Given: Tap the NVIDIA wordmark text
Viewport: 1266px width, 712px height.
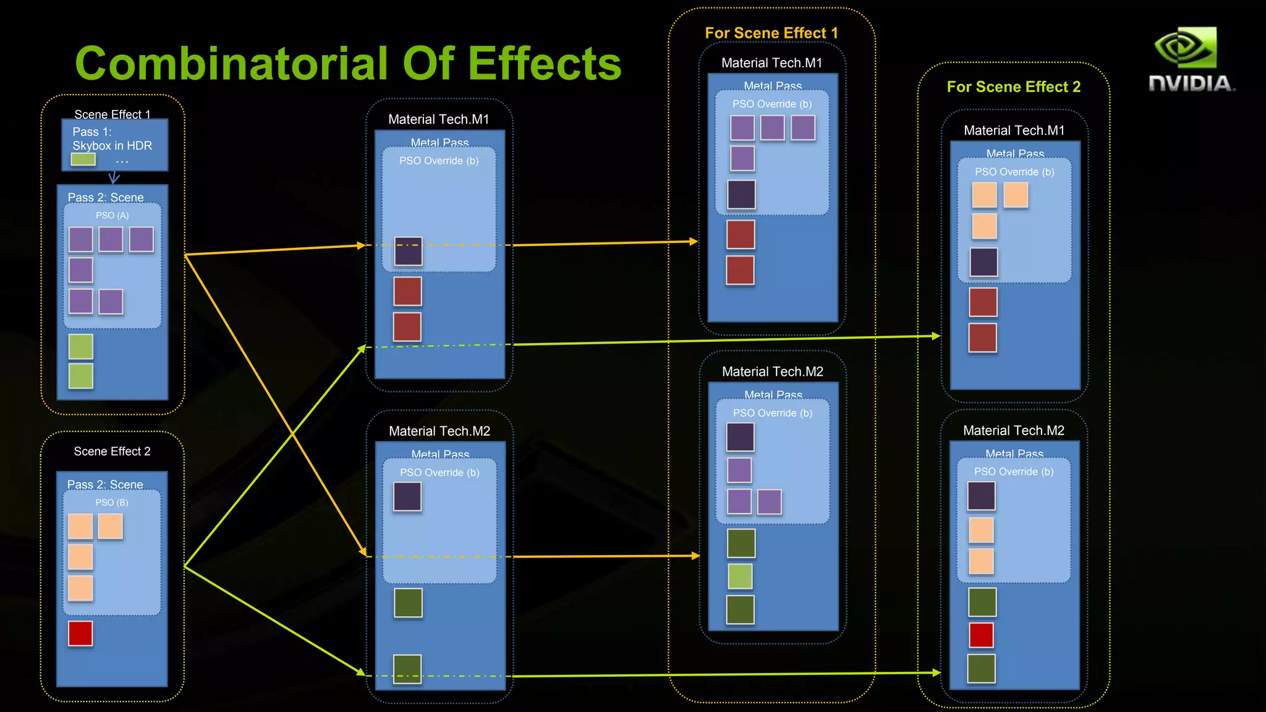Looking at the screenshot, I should click(x=1191, y=83).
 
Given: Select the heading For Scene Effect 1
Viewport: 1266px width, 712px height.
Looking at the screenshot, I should click(x=771, y=33).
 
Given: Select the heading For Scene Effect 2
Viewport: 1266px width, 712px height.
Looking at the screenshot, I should click(x=1014, y=87).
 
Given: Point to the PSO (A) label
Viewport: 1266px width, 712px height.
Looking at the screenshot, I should click(x=112, y=215).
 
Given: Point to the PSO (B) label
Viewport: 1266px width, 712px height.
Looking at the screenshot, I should click(x=112, y=502).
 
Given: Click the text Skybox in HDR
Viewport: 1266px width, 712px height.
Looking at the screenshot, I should click(x=112, y=146).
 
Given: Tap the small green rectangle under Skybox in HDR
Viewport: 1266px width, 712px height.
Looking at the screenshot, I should click(x=83, y=159).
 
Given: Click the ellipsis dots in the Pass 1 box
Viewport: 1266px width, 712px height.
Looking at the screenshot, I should click(x=122, y=162).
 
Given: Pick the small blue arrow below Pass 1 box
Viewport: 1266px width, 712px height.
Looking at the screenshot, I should click(x=114, y=178).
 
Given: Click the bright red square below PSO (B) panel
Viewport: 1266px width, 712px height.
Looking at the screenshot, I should click(x=80, y=634).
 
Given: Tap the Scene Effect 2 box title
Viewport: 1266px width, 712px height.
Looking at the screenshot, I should click(x=112, y=451).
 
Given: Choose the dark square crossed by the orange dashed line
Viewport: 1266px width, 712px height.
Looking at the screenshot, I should click(x=408, y=251).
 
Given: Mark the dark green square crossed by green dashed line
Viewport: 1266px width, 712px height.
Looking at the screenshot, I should click(x=407, y=669).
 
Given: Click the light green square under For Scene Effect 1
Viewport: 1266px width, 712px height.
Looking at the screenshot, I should click(x=740, y=577).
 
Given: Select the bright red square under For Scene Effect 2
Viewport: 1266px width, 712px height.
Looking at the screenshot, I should click(x=981, y=635).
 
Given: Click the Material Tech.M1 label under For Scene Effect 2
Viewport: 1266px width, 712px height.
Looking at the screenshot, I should click(x=1014, y=130).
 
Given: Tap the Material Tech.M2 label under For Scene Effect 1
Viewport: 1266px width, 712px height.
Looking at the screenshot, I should click(x=772, y=371).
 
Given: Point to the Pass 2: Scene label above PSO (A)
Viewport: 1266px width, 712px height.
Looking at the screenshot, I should click(x=106, y=198).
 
